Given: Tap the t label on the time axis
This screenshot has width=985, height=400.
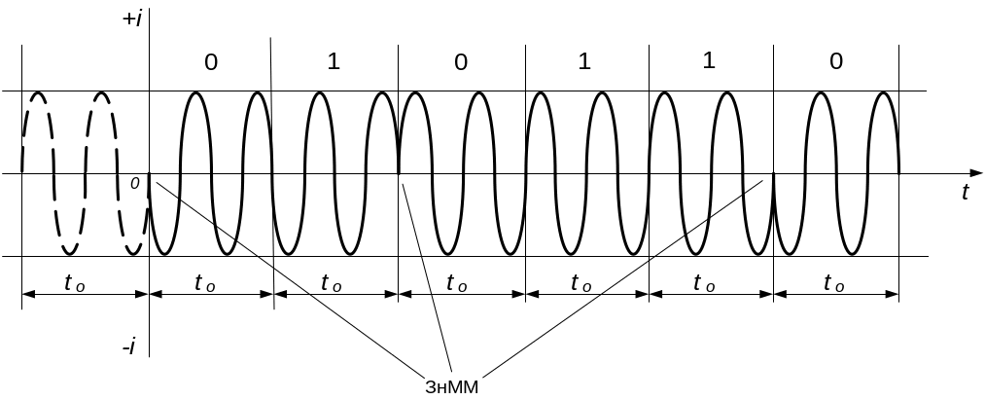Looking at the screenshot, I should click(x=965, y=193).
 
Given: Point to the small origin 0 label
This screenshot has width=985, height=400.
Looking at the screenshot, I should click(x=134, y=182).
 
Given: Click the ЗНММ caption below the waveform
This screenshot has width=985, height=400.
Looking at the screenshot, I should click(x=452, y=385).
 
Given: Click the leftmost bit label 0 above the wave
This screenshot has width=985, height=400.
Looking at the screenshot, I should click(x=211, y=62).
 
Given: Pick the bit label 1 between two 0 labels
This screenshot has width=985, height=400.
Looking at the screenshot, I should click(x=334, y=62).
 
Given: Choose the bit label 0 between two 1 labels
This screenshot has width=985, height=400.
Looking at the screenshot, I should click(x=460, y=62).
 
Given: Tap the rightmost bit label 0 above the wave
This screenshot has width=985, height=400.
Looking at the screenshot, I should click(x=835, y=62).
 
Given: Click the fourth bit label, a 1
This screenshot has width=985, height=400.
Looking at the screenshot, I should click(x=584, y=62).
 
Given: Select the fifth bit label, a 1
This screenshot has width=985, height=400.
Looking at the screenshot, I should click(x=709, y=62).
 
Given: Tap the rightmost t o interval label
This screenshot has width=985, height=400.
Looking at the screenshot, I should click(x=833, y=283).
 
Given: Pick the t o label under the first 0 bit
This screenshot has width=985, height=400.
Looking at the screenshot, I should click(x=206, y=283).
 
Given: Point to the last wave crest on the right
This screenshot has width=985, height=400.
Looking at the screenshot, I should click(x=883, y=93).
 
